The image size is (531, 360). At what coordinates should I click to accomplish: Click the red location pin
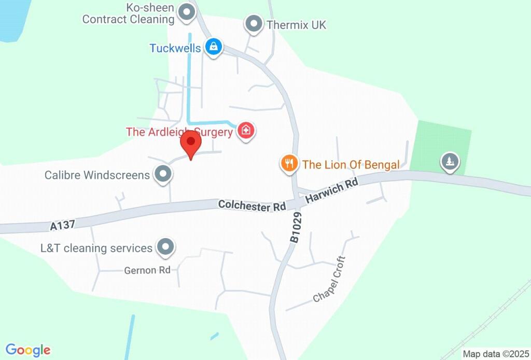coord(191,143)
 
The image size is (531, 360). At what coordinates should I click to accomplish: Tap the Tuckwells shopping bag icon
coord(213,47)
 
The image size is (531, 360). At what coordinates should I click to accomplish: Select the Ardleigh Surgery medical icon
coord(246,131)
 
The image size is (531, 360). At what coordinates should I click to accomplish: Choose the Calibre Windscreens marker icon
coord(163,174)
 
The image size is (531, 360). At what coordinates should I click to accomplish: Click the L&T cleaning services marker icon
coord(165,247)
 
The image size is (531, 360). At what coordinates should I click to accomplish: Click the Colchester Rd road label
coord(252,205)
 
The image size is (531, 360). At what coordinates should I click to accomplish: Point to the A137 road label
coord(63,225)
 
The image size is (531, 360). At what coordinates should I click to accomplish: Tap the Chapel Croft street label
coord(329,279)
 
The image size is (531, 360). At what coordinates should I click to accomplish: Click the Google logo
coord(28,350)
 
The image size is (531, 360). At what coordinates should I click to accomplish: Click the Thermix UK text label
coord(296,24)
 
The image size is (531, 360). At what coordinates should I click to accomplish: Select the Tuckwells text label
coord(175,48)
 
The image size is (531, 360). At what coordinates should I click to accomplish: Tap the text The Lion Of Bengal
coord(351,165)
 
